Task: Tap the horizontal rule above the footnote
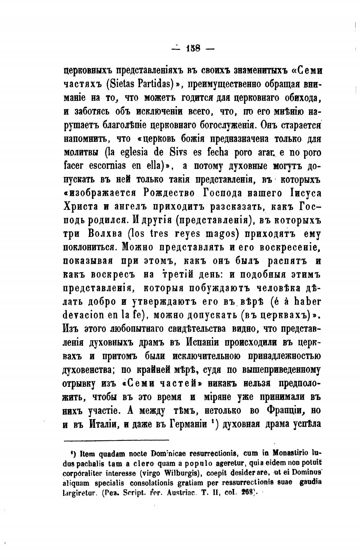pyautogui.click(x=117, y=440)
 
